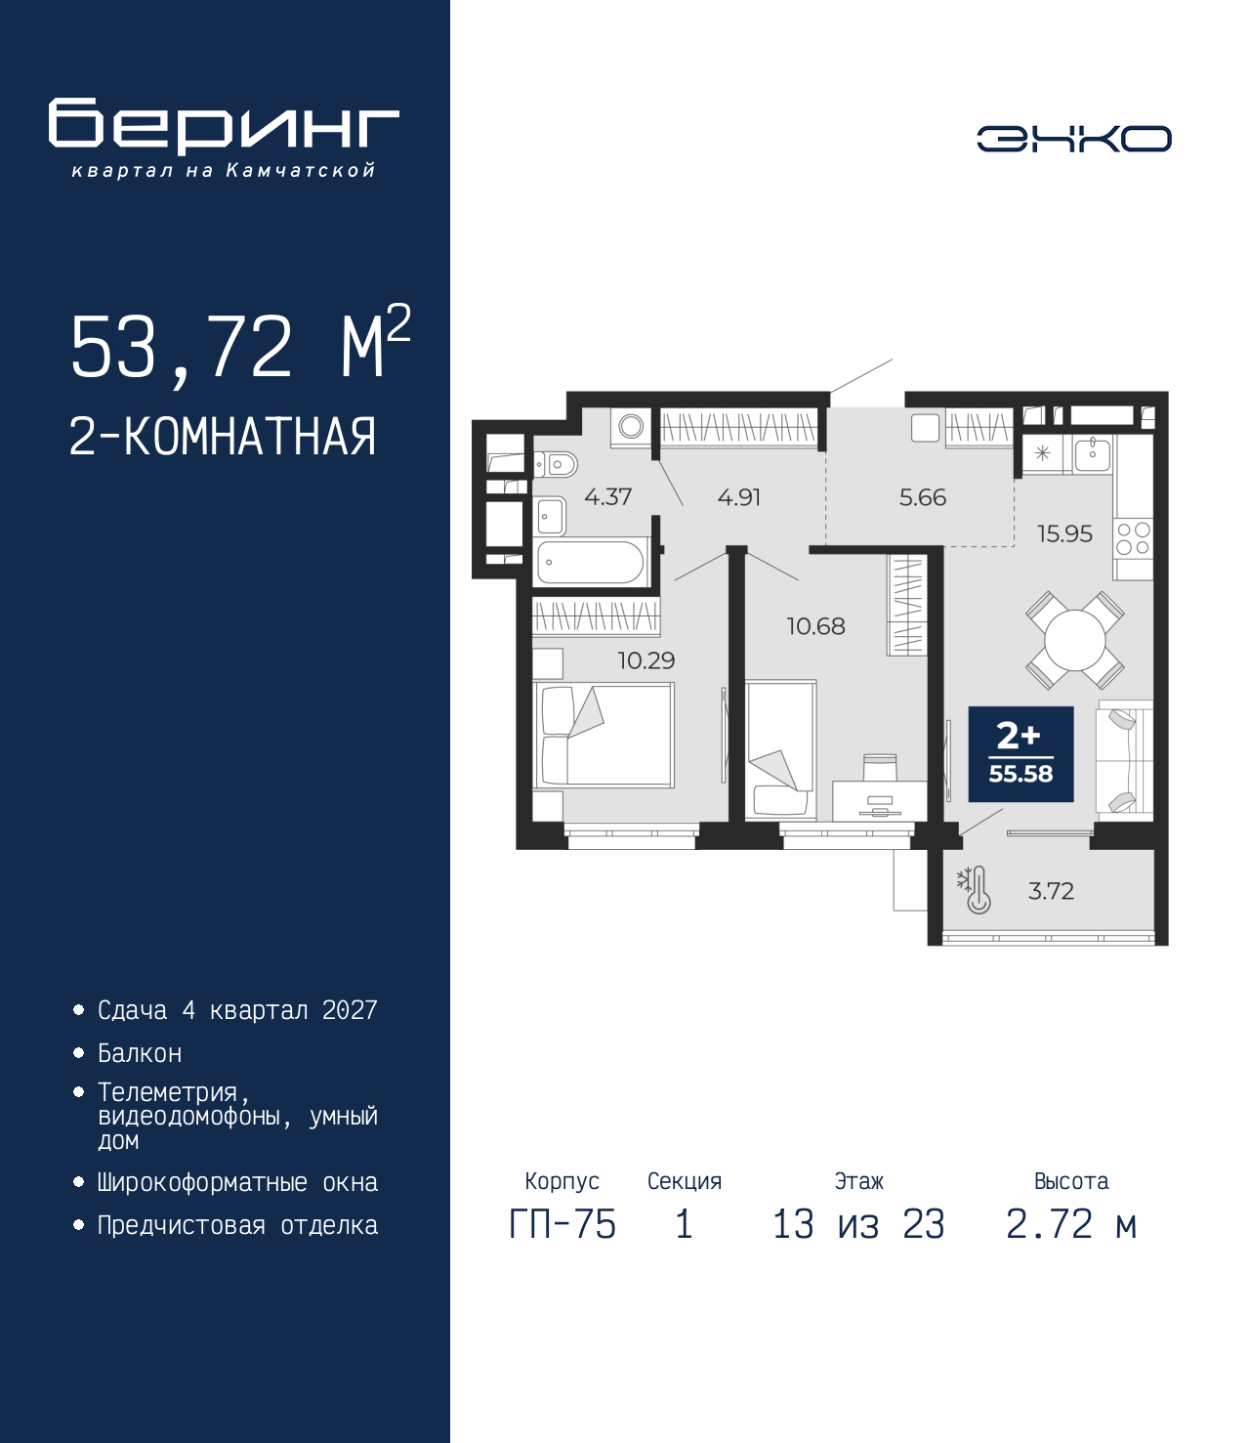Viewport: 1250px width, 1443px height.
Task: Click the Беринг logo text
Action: [x=224, y=126]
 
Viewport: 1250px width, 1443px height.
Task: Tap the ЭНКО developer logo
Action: [x=1073, y=138]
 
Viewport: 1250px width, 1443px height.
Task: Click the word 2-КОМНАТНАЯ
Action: [x=223, y=438]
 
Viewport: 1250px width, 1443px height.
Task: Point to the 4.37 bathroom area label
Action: [x=607, y=497]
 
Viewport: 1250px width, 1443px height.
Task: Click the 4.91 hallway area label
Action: [x=739, y=497]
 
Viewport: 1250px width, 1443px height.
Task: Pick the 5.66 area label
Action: [x=923, y=497]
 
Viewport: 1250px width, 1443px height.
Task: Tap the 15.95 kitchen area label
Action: [x=1064, y=534]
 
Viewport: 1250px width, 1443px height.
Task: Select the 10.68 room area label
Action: [x=815, y=626]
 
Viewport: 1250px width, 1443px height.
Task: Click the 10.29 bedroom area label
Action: [x=646, y=660]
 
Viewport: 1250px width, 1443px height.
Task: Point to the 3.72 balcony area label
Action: [x=1051, y=891]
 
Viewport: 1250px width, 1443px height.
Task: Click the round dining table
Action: [x=1075, y=640]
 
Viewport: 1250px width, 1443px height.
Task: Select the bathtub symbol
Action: [x=592, y=562]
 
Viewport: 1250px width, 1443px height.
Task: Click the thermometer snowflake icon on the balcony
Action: [x=975, y=890]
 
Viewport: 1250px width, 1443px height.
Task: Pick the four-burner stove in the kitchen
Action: [x=1134, y=538]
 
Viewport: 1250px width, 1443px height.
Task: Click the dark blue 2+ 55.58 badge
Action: [x=1021, y=754]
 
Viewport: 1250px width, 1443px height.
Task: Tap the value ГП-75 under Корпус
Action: [x=562, y=1224]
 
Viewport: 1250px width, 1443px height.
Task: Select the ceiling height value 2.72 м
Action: [x=1071, y=1224]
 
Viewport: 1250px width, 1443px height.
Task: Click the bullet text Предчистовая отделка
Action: [x=237, y=1225]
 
